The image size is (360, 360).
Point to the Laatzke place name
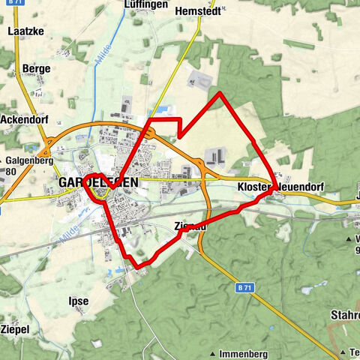tap(22, 32)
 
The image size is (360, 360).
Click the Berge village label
tap(37, 68)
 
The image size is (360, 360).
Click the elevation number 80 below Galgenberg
tap(10, 170)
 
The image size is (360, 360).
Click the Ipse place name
tap(78, 301)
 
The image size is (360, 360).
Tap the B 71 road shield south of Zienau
tap(241, 287)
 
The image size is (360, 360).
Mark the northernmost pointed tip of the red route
tap(219, 93)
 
